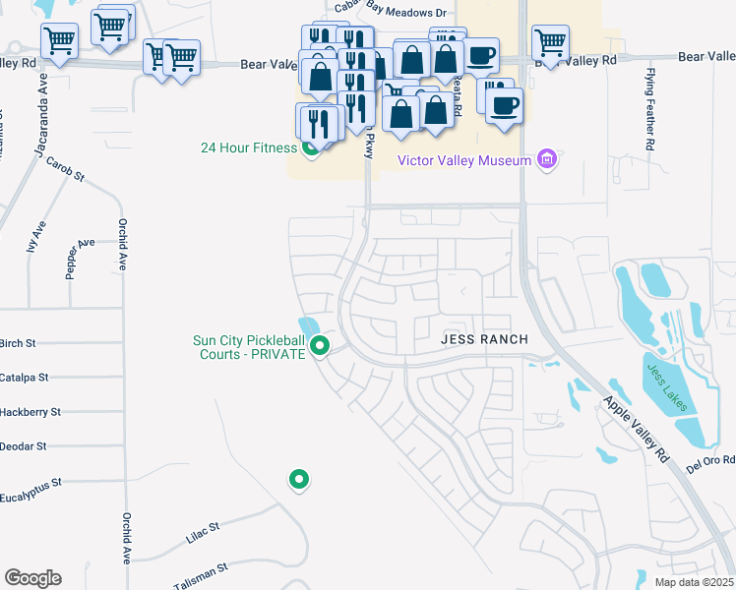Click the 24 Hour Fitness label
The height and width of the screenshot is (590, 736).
tap(248, 148)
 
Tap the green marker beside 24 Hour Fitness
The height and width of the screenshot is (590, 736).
tap(312, 149)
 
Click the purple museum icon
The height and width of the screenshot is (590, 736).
tap(549, 159)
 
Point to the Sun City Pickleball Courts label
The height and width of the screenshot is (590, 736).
tap(249, 347)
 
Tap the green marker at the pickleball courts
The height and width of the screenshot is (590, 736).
tap(320, 346)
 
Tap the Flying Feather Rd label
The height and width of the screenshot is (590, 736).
tap(650, 109)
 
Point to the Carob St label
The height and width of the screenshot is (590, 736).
tap(66, 173)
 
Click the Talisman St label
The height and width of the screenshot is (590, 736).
tap(202, 569)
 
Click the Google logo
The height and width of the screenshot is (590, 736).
tap(32, 578)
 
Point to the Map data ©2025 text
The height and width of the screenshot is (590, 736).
tap(694, 582)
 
